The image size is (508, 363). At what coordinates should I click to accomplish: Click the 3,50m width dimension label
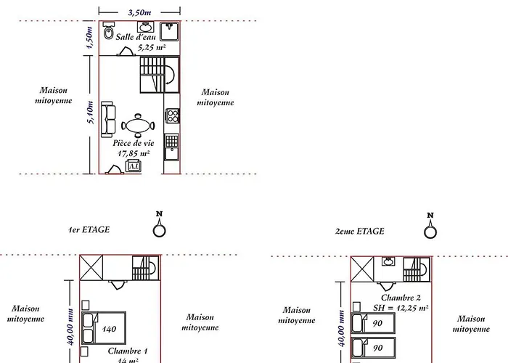click(x=140, y=12)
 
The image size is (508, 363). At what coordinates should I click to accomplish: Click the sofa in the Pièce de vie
click(x=109, y=117)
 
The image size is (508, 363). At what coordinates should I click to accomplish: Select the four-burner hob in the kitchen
click(x=172, y=116)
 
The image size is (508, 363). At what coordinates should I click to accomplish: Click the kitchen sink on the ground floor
click(x=172, y=140)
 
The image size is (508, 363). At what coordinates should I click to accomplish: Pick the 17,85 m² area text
click(x=134, y=154)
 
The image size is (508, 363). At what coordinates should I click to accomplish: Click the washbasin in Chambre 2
click(x=388, y=262)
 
